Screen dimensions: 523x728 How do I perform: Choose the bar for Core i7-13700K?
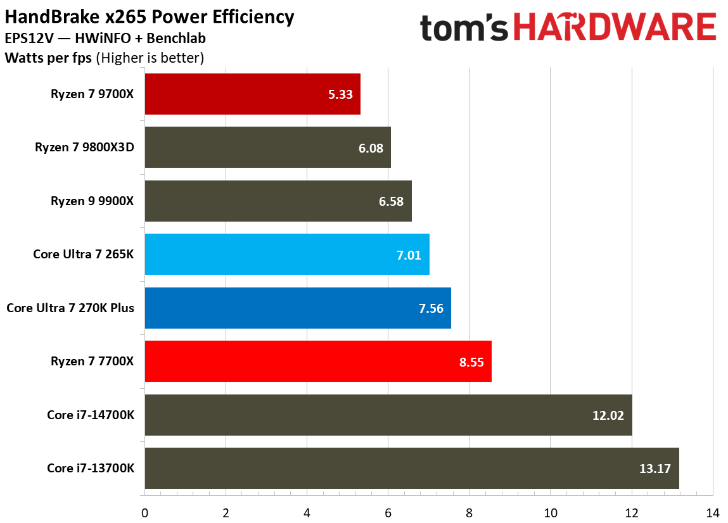pyautogui.click(x=412, y=469)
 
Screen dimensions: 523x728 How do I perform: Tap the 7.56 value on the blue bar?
pyautogui.click(x=430, y=308)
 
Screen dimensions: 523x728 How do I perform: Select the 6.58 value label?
pyautogui.click(x=391, y=201)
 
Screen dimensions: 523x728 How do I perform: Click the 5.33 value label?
pyautogui.click(x=340, y=94)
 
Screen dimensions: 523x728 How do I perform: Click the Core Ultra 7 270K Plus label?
pyautogui.click(x=74, y=308)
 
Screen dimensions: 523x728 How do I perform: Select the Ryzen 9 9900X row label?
pyautogui.click(x=97, y=201)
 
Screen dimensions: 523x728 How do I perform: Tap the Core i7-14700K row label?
pyautogui.click(x=94, y=415)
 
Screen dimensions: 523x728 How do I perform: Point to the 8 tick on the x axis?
pyautogui.click(x=469, y=512)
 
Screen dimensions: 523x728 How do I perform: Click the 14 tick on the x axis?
pyautogui.click(x=713, y=512)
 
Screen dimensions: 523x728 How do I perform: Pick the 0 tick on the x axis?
pyautogui.click(x=145, y=512)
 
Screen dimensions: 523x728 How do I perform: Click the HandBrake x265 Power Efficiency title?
pyautogui.click(x=150, y=16)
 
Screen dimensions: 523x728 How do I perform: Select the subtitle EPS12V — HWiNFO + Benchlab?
pyautogui.click(x=105, y=39)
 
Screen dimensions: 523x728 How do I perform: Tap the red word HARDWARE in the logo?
pyautogui.click(x=615, y=29)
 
